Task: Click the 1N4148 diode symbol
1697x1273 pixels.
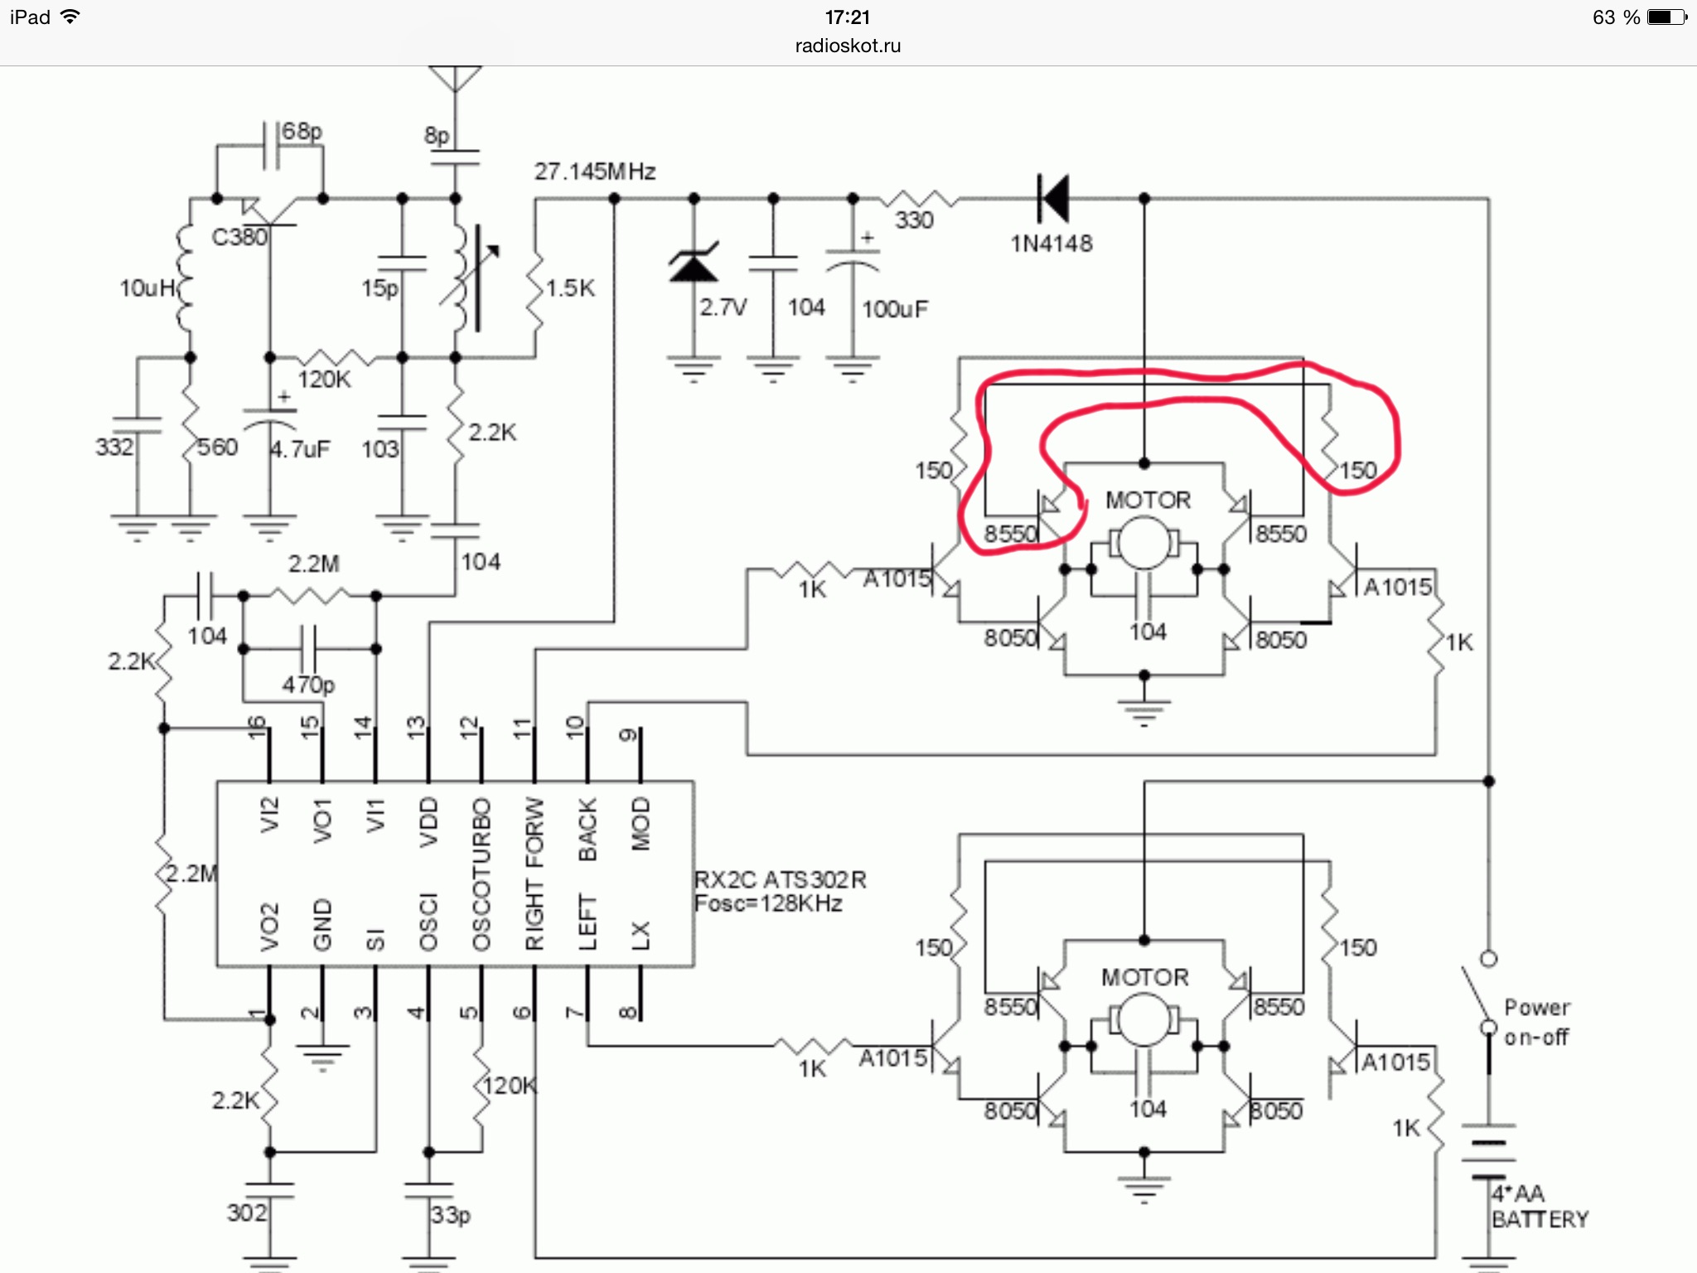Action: [1054, 199]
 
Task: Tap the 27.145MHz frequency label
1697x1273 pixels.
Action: [595, 172]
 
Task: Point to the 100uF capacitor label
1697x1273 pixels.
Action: [895, 310]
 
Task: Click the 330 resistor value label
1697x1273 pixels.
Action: [914, 220]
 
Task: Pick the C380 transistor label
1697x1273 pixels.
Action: [239, 238]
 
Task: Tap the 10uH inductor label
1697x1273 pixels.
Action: [147, 288]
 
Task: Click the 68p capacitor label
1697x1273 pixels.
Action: [302, 132]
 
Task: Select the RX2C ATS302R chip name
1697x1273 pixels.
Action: [780, 879]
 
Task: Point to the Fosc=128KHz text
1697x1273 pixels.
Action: [768, 903]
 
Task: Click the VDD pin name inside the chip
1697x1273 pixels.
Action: [428, 822]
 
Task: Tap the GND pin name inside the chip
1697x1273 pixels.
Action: [322, 924]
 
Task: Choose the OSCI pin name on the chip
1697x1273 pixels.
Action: [428, 922]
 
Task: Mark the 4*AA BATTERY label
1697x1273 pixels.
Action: [1540, 1207]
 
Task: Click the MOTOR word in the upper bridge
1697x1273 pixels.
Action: [1148, 501]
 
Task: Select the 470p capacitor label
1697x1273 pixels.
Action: [308, 685]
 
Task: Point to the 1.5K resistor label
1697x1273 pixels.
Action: [570, 288]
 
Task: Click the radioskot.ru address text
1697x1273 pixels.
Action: [848, 46]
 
